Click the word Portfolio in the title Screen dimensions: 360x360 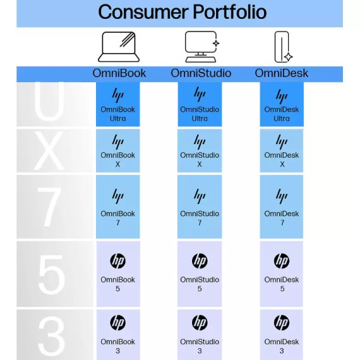(230, 12)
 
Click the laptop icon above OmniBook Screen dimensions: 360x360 (119, 47)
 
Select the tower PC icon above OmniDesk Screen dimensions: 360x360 (284, 47)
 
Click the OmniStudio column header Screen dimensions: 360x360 (201, 73)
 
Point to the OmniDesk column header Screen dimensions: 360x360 (282, 73)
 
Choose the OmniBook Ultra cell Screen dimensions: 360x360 (117, 104)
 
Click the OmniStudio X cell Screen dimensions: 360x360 (200, 150)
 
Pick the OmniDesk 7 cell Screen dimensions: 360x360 (282, 207)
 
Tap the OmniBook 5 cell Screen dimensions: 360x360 (118, 273)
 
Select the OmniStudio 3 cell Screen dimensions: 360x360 (200, 335)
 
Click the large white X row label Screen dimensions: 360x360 (49, 150)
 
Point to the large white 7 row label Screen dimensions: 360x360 (49, 207)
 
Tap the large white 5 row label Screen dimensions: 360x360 (51, 275)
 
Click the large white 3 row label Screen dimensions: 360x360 (51, 336)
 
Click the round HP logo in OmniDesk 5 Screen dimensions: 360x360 (282, 261)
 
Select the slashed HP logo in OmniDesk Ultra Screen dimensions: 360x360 (282, 96)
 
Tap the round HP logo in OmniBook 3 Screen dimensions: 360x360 (117, 323)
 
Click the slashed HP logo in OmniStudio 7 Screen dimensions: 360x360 (200, 196)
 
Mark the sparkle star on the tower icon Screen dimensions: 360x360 (289, 57)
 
